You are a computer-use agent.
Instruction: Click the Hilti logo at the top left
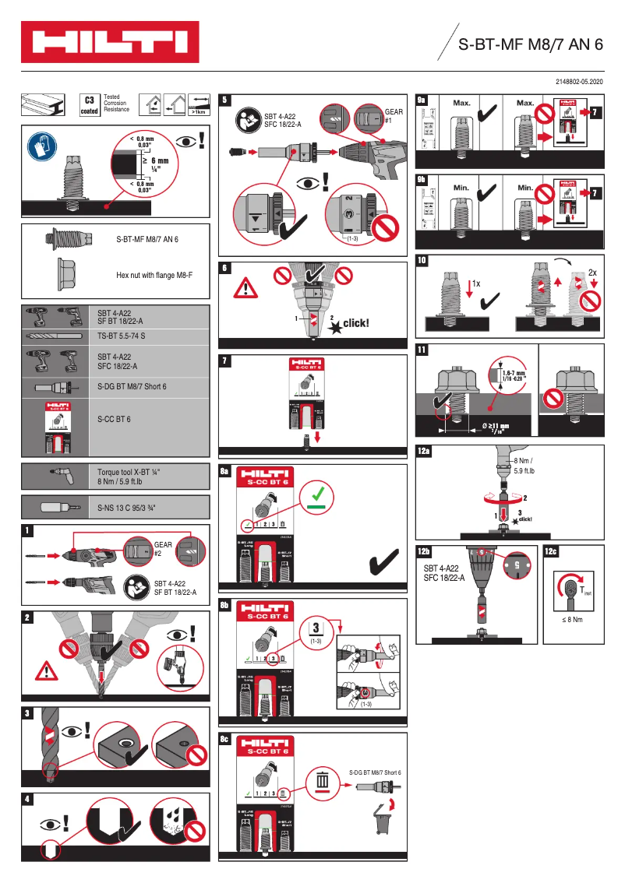click(109, 42)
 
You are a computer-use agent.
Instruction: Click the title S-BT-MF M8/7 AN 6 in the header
click(530, 44)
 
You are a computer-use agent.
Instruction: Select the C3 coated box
click(90, 104)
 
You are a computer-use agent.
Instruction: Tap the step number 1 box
click(28, 531)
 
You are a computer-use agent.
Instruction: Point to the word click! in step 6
click(356, 322)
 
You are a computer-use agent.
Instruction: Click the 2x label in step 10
click(592, 273)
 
